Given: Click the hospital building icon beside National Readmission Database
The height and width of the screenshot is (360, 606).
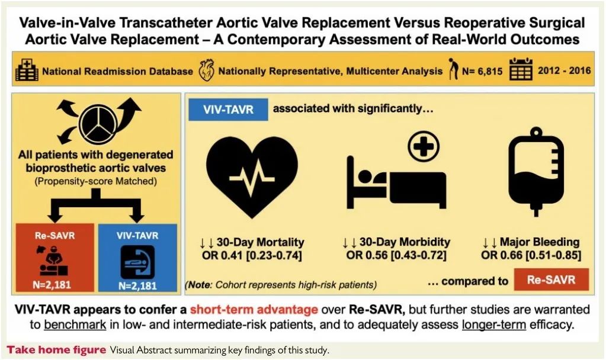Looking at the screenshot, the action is pos(27,70).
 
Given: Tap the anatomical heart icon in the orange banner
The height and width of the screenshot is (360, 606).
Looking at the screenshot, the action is pos(206,70).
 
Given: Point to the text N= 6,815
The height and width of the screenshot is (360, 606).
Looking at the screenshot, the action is pos(482,71).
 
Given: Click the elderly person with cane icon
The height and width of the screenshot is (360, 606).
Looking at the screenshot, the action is pos(453,69).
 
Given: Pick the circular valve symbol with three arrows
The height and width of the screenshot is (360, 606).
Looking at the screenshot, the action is pos(98,122).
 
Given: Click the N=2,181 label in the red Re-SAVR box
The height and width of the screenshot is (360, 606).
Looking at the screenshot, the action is pos(52,285).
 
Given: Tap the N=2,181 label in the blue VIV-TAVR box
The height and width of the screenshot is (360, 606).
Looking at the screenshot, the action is pos(137,286).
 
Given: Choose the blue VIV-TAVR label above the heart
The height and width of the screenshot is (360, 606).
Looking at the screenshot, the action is pos(228,110).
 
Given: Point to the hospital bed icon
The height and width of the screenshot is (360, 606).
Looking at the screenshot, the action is pos(396,182).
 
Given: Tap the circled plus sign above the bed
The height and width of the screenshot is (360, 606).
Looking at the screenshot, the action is pos(424,146).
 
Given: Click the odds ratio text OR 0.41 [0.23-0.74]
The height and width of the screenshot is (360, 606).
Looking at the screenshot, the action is pos(252,255).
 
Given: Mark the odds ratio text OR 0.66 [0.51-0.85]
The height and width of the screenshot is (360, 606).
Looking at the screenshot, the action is pos(531,255).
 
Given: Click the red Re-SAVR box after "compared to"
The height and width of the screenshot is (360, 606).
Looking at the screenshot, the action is pos(551,279).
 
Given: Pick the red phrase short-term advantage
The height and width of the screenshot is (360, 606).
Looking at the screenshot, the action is pos(254,310).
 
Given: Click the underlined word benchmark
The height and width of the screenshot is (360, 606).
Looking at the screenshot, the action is pos(75,324).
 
